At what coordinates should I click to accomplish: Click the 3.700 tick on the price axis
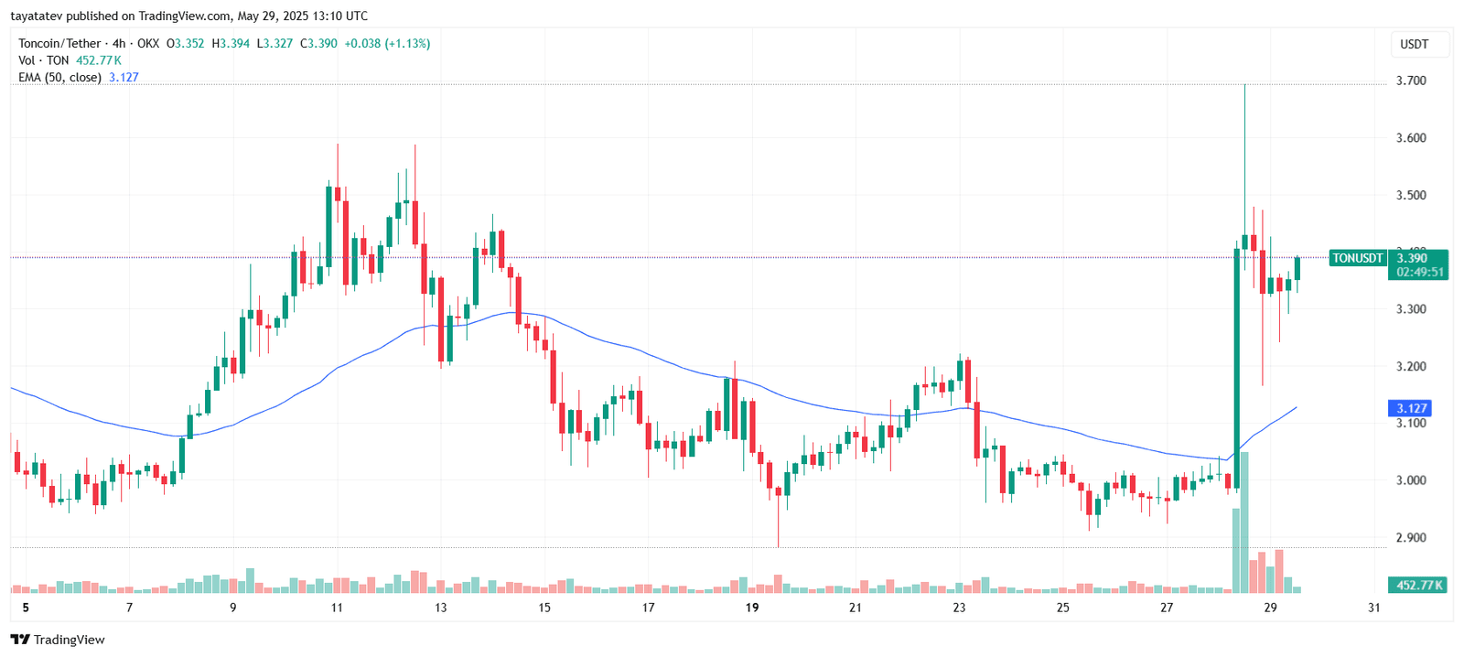coord(1410,81)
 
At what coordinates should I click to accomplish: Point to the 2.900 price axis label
coord(1410,537)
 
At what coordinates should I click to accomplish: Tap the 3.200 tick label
coord(1410,366)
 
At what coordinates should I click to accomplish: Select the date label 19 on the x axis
coord(752,608)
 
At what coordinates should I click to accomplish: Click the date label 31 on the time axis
coord(1373,608)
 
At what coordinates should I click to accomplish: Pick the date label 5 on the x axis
coord(26,608)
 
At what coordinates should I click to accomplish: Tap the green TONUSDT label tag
coord(1357,258)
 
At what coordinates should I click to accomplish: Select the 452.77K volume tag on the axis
coord(1419,585)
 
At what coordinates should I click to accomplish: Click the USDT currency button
coord(1414,44)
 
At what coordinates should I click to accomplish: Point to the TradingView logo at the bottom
coord(58,640)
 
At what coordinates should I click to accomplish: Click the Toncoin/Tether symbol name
coord(59,43)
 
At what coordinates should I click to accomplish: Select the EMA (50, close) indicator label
coord(59,78)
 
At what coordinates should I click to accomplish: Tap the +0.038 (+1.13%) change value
coord(387,43)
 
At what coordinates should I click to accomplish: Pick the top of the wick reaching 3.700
coord(1244,85)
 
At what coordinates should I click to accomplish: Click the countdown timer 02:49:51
coord(1420,272)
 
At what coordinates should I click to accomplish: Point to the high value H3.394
coord(231,43)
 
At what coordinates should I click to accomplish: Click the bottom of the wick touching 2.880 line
coord(779,546)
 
